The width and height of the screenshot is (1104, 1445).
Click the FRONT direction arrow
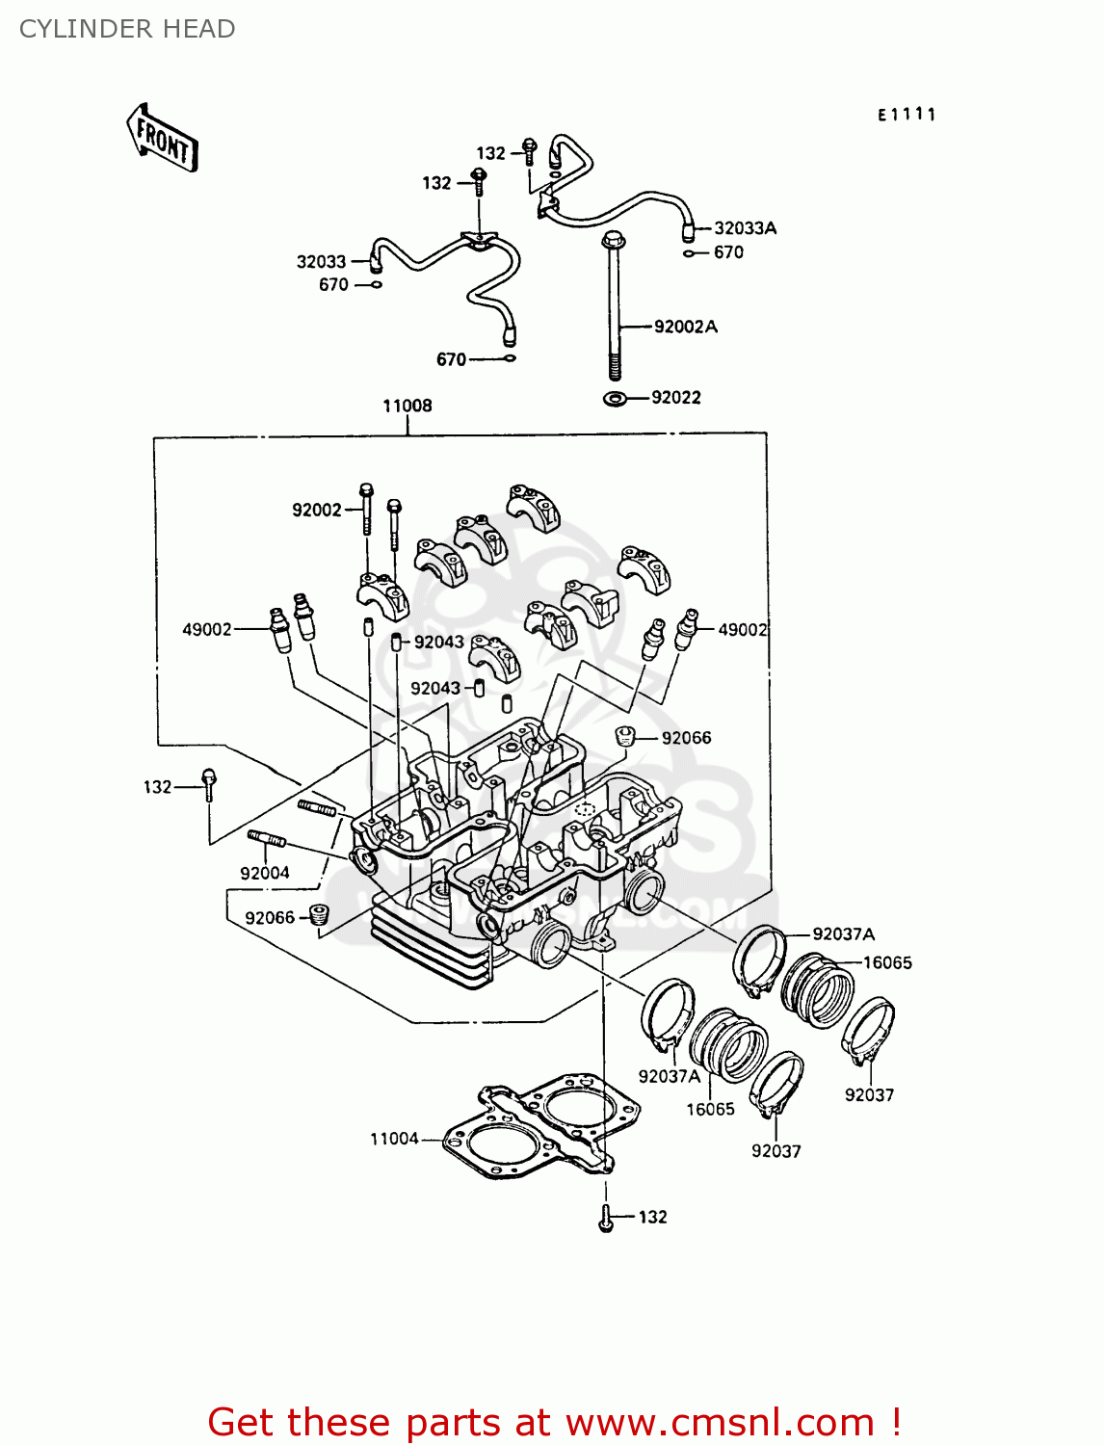tap(162, 139)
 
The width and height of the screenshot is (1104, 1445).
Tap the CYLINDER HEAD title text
tap(127, 29)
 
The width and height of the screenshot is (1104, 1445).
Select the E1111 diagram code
tap(907, 115)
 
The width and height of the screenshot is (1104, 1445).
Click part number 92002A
tap(685, 327)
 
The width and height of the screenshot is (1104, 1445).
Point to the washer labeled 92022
tap(615, 398)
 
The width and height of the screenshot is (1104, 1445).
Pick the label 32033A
tap(745, 228)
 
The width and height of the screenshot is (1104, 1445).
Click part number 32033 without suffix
tap(321, 261)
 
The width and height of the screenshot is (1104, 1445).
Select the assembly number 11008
tap(407, 406)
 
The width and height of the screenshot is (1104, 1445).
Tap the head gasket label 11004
tap(394, 1139)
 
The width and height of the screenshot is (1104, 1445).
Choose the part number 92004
tap(265, 873)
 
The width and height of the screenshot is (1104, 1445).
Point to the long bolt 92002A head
tap(612, 240)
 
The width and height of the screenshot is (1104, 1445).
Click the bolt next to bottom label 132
tap(605, 1219)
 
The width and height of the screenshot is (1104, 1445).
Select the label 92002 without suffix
tap(317, 510)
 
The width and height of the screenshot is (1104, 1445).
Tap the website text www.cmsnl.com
tap(719, 1422)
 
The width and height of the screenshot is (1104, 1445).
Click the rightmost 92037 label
tap(869, 1094)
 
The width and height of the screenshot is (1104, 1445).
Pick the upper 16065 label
tap(886, 962)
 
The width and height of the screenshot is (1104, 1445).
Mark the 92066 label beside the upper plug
tap(686, 738)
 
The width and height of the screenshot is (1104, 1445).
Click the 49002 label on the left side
tap(207, 629)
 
